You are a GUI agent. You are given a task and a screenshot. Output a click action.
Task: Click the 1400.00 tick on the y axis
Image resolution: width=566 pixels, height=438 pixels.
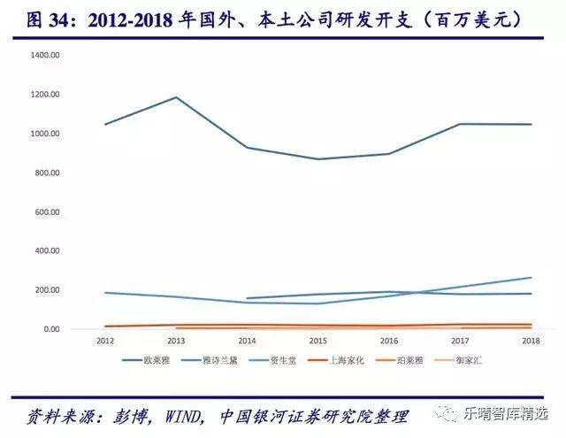pos(44,55)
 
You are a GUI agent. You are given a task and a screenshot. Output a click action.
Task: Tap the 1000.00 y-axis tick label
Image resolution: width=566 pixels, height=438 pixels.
pos(44,134)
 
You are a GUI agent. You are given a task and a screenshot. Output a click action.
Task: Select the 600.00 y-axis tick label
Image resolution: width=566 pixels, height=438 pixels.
pos(46,211)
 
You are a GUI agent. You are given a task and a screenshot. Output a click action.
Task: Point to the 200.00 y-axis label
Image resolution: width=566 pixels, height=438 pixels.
pos(46,290)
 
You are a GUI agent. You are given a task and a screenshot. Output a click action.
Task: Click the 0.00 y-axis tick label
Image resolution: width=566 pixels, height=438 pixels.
pos(50,329)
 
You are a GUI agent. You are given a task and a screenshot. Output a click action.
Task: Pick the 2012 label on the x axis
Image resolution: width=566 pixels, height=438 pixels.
pos(105,341)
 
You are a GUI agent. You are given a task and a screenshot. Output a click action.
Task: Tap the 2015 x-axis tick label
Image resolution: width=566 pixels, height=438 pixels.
pos(317,341)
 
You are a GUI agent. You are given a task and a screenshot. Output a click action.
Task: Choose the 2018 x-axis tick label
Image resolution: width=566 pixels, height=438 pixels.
pos(531,341)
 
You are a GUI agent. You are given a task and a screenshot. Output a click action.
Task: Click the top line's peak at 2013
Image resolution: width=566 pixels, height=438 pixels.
pos(176,97)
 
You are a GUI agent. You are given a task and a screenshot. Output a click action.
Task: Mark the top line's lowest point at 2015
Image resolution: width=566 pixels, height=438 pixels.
pos(317,159)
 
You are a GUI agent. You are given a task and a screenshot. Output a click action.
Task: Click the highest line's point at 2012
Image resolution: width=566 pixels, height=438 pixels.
pos(105,124)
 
